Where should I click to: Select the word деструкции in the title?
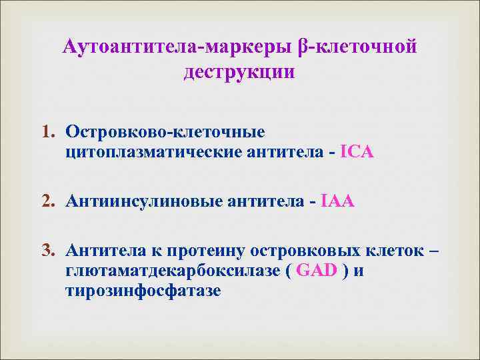[239, 71]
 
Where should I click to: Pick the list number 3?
[51, 251]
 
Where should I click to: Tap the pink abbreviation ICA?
[357, 153]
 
